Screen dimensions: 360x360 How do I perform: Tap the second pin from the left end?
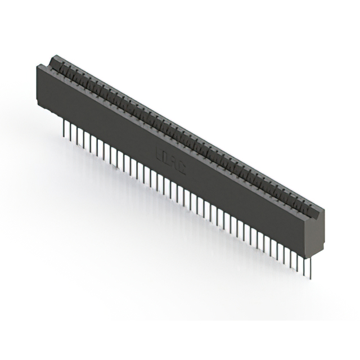69,131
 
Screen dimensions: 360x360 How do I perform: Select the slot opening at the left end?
51,60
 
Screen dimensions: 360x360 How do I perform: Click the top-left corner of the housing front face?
38,66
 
